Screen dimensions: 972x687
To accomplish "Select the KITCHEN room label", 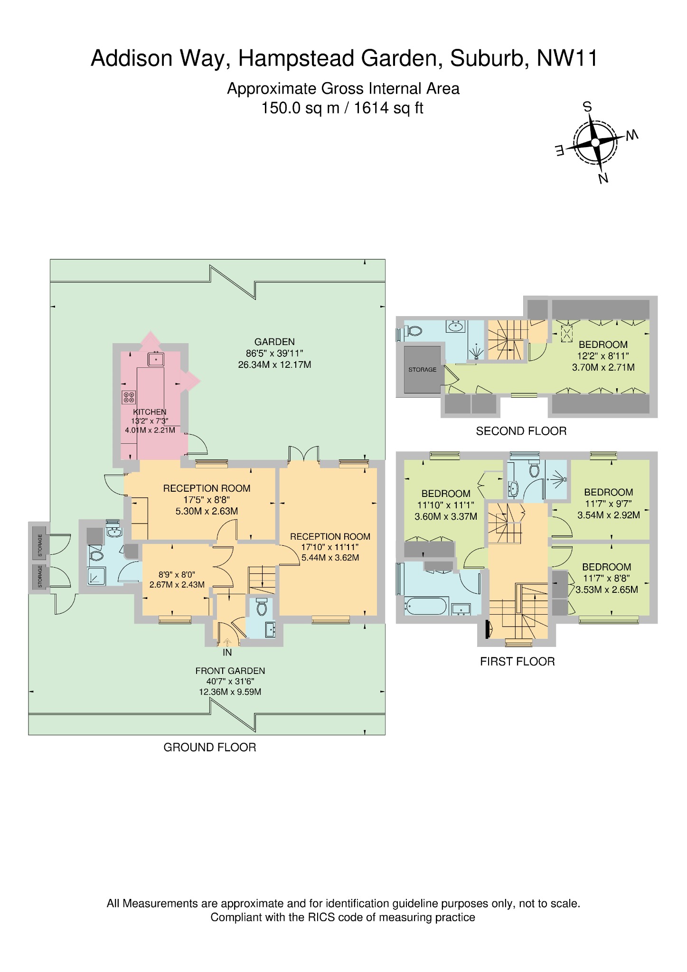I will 150,412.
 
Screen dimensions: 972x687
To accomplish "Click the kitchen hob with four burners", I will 129,397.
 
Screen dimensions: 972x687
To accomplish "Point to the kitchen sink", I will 155,359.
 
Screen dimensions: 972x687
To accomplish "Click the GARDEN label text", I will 274,342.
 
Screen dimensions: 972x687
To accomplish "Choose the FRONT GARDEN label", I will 230,671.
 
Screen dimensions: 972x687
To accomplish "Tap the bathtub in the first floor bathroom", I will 425,606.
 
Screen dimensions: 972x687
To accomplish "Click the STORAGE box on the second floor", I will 422,369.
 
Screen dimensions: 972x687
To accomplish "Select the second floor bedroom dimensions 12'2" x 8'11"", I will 603,356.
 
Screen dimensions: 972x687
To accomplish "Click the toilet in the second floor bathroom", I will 414,331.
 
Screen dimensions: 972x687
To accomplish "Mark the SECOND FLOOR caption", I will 521,431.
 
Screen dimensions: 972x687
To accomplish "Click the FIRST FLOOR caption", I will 517,662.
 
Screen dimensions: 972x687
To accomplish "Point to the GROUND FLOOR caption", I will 209,748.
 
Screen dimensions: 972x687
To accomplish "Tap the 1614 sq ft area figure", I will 388,108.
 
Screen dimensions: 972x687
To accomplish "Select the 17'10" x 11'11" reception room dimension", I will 330,547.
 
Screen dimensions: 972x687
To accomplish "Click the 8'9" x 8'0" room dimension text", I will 177,574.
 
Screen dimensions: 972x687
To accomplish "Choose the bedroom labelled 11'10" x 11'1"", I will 445,505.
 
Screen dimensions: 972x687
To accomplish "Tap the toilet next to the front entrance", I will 262,607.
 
